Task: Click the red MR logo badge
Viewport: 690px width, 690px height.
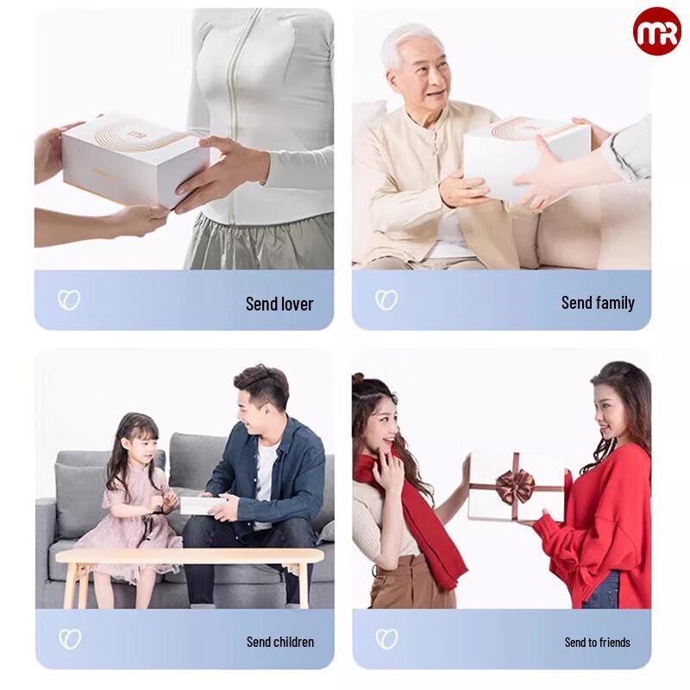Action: tap(656, 32)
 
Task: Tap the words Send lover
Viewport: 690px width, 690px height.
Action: tap(279, 304)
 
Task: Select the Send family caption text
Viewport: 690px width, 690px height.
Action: tap(598, 303)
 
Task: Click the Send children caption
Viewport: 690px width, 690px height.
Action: tap(280, 642)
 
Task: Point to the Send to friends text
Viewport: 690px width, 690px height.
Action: tap(597, 642)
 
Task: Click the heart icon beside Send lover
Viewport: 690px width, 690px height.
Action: tap(69, 300)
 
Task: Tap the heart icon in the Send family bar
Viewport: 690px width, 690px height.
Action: tap(386, 300)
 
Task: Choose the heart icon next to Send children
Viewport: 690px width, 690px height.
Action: tap(69, 639)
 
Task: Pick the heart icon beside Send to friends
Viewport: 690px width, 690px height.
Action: tap(386, 639)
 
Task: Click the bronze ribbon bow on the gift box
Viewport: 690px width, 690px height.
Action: tap(515, 485)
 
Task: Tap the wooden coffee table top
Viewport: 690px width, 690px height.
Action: tap(190, 555)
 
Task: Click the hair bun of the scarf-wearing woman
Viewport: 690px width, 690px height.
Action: tap(359, 379)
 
